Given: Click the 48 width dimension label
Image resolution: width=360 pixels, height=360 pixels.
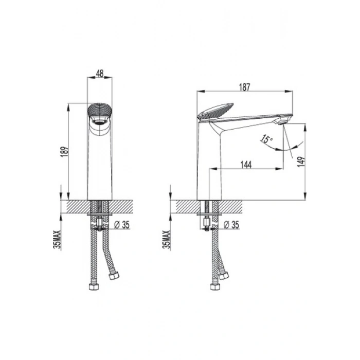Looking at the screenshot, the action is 100,74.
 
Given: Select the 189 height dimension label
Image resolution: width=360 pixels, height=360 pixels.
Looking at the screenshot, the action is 65,152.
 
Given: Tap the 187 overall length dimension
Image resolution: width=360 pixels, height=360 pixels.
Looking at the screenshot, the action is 244,87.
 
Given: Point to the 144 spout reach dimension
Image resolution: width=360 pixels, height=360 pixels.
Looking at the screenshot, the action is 246,165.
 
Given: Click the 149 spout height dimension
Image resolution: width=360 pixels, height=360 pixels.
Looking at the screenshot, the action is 301,161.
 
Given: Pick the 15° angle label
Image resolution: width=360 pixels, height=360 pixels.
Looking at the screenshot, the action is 266,139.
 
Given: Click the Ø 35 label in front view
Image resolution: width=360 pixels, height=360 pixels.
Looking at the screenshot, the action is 122,225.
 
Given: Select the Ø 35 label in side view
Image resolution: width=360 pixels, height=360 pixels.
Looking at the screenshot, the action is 231,225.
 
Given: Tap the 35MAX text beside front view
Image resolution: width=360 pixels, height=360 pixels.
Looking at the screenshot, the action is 57,240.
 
